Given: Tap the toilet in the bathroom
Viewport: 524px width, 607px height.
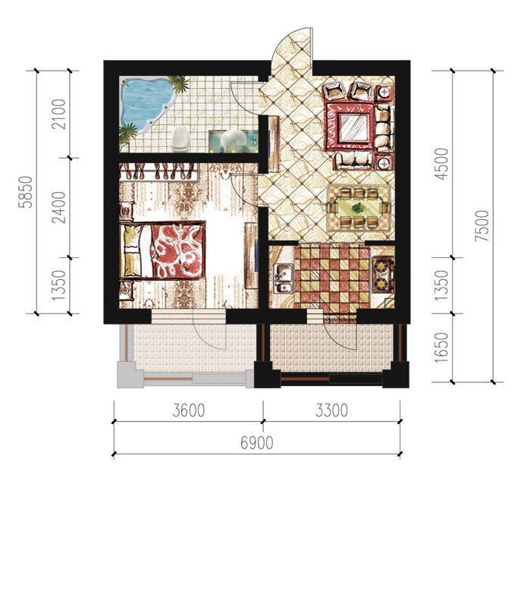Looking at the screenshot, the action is pos(180,139).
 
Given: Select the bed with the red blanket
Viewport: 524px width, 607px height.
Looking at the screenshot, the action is pos(162,250).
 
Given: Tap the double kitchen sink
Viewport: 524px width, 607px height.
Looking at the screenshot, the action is pos(283,278).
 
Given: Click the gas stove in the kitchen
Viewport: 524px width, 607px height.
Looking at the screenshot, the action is pos(382,274).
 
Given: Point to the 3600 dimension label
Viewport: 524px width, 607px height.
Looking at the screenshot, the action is pos(189,410).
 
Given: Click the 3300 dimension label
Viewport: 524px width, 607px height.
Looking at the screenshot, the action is pos(331,410).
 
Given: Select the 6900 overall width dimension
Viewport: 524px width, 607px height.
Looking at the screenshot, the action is pos(256,442).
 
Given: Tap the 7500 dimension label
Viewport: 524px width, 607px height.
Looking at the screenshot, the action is pos(482,226).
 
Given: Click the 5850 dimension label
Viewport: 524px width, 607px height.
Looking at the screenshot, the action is pos(27,192).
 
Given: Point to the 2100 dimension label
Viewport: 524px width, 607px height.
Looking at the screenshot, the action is pos(59,115).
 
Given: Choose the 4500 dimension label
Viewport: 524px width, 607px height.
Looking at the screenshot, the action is pos(441,164).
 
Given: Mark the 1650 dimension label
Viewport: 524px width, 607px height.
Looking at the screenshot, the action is pos(441,348).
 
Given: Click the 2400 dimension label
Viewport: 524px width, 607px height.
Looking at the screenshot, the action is pos(59,207).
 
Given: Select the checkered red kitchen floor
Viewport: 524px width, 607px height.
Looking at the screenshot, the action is pos(331,276).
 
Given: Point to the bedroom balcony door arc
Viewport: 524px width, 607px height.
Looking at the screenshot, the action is pos(212,338).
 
